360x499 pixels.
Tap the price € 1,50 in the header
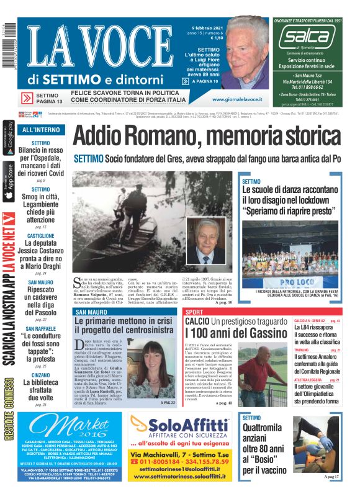tap(217, 38)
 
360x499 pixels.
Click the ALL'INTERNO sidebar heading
tap(41, 130)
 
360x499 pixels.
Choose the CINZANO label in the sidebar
tap(40, 375)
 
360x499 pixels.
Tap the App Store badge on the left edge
tap(8, 181)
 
